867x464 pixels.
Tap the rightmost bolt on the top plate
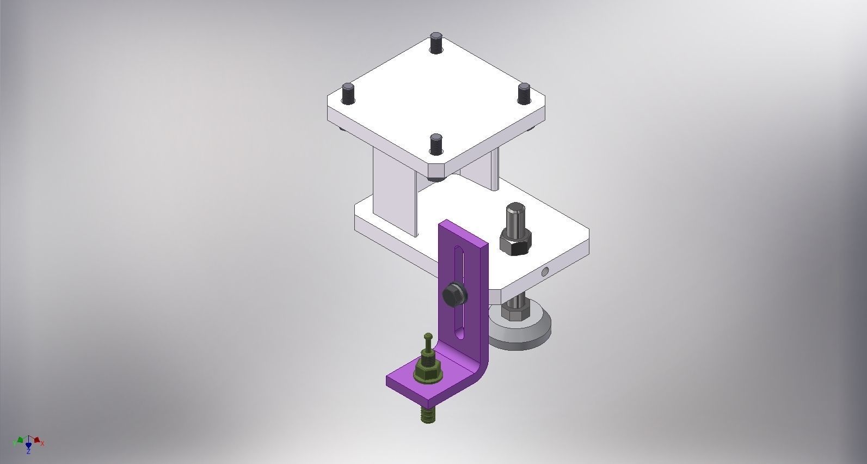click(x=524, y=93)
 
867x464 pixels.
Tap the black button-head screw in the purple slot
click(x=454, y=295)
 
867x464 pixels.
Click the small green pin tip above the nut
click(x=428, y=337)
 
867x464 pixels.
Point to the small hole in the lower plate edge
click(x=545, y=271)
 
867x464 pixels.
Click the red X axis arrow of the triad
click(x=38, y=439)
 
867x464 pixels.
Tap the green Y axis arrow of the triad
click(x=19, y=439)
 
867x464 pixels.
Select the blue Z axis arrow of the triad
click(x=28, y=447)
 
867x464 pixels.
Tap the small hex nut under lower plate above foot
click(x=512, y=313)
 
